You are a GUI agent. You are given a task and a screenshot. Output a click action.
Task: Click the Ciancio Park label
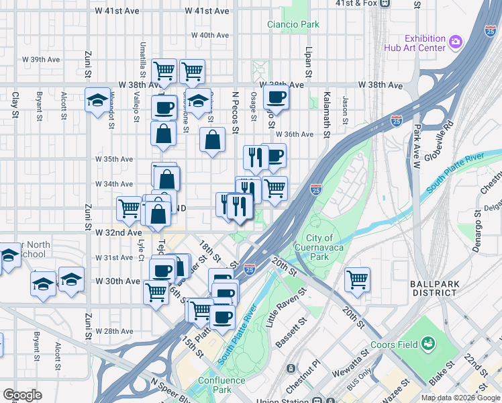click(x=293, y=25)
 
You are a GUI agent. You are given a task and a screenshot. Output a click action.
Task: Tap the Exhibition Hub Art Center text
click(x=415, y=42)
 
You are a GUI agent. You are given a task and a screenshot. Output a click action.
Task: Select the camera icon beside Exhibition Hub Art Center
click(x=456, y=42)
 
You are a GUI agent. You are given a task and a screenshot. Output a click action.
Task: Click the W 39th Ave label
click(x=40, y=60)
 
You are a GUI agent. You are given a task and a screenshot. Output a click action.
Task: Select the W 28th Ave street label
click(x=114, y=331)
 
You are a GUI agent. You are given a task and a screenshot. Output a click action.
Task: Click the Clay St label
click(x=15, y=106)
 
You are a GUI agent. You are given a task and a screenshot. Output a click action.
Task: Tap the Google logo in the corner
click(x=22, y=395)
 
